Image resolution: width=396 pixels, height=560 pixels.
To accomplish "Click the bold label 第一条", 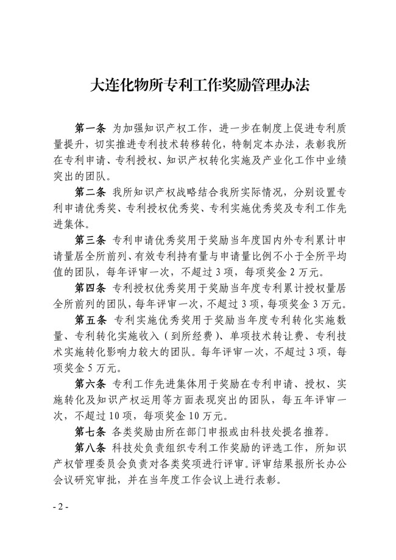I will pyautogui.click(x=90, y=129).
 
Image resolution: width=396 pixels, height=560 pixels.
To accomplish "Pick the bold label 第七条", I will pyautogui.click(x=90, y=430).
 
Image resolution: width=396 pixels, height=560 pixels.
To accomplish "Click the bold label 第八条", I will pyautogui.click(x=90, y=447).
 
